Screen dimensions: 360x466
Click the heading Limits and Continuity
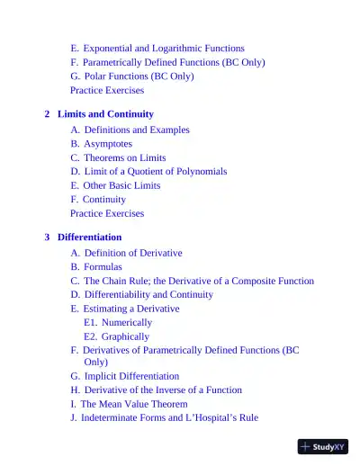point(105,114)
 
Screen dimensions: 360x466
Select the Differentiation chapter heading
point(89,237)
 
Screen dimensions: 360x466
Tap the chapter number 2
point(47,114)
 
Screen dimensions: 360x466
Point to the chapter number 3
point(47,237)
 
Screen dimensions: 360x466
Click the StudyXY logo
point(322,446)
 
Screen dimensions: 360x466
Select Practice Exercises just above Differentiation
point(107,213)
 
